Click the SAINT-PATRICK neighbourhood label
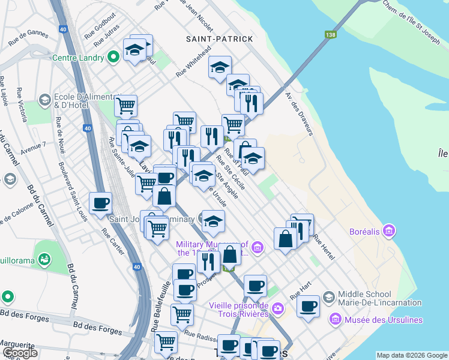[x=219, y=39]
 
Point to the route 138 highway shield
[x=330, y=35]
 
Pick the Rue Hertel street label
[x=324, y=246]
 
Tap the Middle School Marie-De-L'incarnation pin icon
[x=328, y=297]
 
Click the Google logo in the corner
[x=20, y=353]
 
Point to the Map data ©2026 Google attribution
[x=412, y=355]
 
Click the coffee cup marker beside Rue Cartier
[x=100, y=203]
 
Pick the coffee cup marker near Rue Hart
[x=309, y=307]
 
